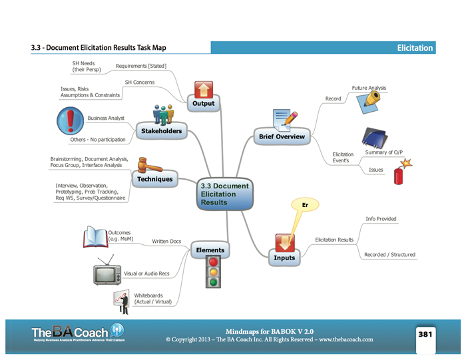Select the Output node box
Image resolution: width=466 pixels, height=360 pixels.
204,104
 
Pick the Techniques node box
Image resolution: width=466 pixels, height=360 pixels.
155,179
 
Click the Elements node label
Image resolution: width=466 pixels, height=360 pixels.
210,251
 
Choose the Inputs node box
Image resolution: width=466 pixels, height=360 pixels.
284,258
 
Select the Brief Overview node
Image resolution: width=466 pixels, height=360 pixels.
282,137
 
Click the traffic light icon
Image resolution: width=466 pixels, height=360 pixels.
213,272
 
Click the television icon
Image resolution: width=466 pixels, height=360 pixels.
107,272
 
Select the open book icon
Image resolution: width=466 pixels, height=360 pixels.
95,237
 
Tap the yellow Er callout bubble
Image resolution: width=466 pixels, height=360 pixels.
306,206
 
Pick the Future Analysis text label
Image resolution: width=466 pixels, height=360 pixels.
369,88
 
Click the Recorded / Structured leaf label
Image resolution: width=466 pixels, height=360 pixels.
390,255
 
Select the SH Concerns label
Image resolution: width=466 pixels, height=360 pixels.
139,83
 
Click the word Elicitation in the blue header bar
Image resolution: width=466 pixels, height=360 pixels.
414,48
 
